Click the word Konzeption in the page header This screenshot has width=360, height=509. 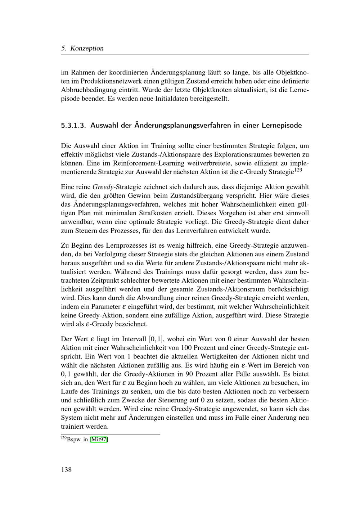click(87, 48)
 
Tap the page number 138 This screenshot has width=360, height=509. click(67, 469)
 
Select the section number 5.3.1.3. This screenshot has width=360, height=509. click(74, 126)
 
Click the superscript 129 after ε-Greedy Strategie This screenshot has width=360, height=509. click(298, 170)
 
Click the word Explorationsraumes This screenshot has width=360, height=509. click(244, 154)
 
